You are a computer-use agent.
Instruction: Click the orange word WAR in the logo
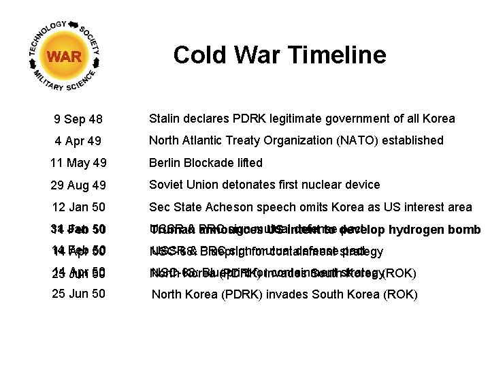point(65,57)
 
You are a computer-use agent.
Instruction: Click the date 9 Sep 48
point(78,120)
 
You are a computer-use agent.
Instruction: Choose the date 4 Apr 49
point(78,142)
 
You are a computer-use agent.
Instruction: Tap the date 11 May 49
point(78,164)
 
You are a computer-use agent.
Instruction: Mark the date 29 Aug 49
point(78,185)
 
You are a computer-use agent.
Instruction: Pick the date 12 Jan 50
point(78,208)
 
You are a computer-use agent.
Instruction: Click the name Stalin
point(165,119)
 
